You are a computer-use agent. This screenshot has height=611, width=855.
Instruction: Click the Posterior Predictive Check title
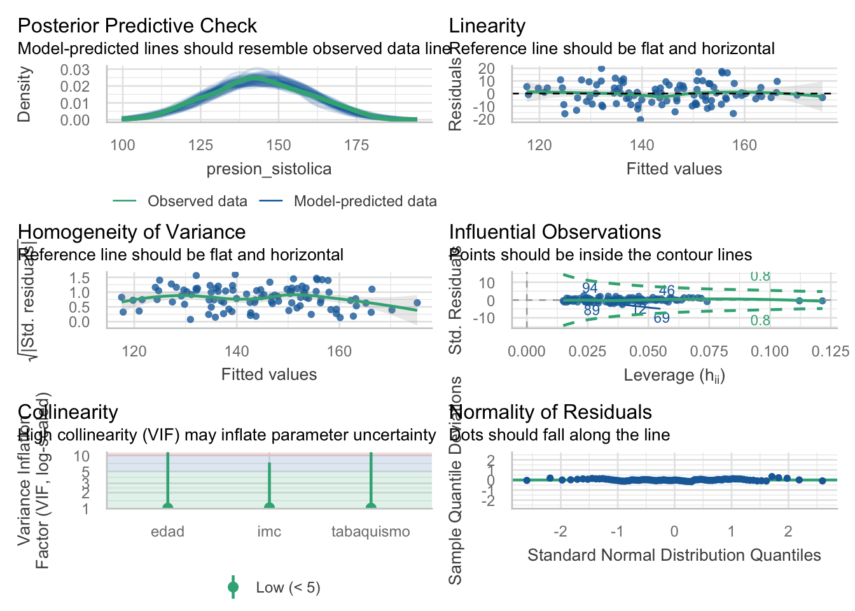(x=137, y=25)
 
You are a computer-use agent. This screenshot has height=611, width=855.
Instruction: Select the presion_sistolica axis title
(x=268, y=169)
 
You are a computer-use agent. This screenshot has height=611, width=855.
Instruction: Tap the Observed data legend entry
(x=197, y=201)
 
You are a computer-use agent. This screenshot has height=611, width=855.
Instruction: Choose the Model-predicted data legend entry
(x=365, y=201)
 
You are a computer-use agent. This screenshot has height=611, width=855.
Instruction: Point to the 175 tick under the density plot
(x=356, y=145)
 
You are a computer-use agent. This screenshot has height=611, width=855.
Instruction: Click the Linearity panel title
(x=487, y=25)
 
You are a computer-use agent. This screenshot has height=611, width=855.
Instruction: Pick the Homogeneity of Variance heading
(x=132, y=232)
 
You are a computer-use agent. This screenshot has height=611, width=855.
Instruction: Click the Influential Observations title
(x=555, y=232)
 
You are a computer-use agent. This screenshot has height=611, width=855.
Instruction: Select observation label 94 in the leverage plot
(x=590, y=288)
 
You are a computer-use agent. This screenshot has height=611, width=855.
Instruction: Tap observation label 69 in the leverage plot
(x=662, y=318)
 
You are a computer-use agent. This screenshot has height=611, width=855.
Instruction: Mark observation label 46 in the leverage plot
(x=666, y=291)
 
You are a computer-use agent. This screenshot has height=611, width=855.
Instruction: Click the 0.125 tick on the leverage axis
(x=830, y=351)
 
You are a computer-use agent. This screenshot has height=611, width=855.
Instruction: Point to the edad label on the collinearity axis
(x=167, y=531)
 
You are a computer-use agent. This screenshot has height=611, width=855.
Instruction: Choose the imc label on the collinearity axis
(x=269, y=531)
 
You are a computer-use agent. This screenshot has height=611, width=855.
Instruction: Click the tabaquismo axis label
(x=370, y=531)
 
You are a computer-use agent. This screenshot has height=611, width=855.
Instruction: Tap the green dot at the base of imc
(x=269, y=507)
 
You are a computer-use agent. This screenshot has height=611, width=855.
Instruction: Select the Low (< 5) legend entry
(x=288, y=587)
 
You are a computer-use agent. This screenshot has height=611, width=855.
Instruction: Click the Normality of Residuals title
(x=550, y=412)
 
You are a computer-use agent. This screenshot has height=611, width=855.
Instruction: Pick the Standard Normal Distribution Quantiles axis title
(x=674, y=555)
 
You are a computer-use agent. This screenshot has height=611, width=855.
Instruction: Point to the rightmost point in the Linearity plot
(x=822, y=97)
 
